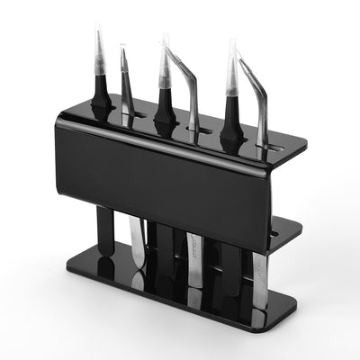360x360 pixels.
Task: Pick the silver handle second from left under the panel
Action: (x=136, y=241)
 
